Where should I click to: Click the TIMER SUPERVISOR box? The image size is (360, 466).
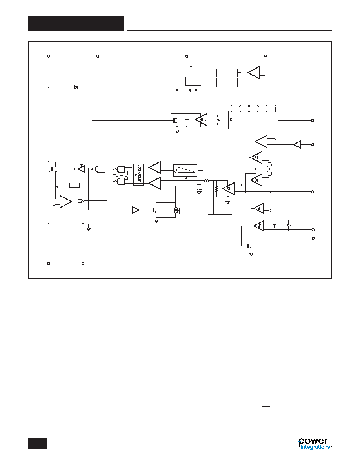[138, 175]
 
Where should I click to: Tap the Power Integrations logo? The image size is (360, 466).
[314, 443]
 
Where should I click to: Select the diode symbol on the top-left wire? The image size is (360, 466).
[76, 87]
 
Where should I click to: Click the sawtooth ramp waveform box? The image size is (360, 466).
[185, 170]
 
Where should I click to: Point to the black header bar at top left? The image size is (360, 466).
[76, 24]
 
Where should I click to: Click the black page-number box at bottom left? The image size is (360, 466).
[38, 443]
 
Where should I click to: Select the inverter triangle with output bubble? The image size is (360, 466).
[136, 210]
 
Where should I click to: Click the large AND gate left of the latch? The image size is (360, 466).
[100, 169]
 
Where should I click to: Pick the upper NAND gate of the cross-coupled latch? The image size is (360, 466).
[121, 169]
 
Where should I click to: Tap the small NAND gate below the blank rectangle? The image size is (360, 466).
[80, 201]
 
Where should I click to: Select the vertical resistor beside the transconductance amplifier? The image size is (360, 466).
[216, 189]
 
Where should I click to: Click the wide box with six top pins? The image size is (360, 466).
[253, 120]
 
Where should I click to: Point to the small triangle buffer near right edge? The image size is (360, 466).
[297, 144]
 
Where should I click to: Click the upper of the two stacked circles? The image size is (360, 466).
[270, 165]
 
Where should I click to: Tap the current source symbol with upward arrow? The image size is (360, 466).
[176, 210]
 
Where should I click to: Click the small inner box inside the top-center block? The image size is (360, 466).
[193, 81]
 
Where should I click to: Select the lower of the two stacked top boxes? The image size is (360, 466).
[227, 83]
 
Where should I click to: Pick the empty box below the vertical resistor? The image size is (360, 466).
[220, 220]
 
